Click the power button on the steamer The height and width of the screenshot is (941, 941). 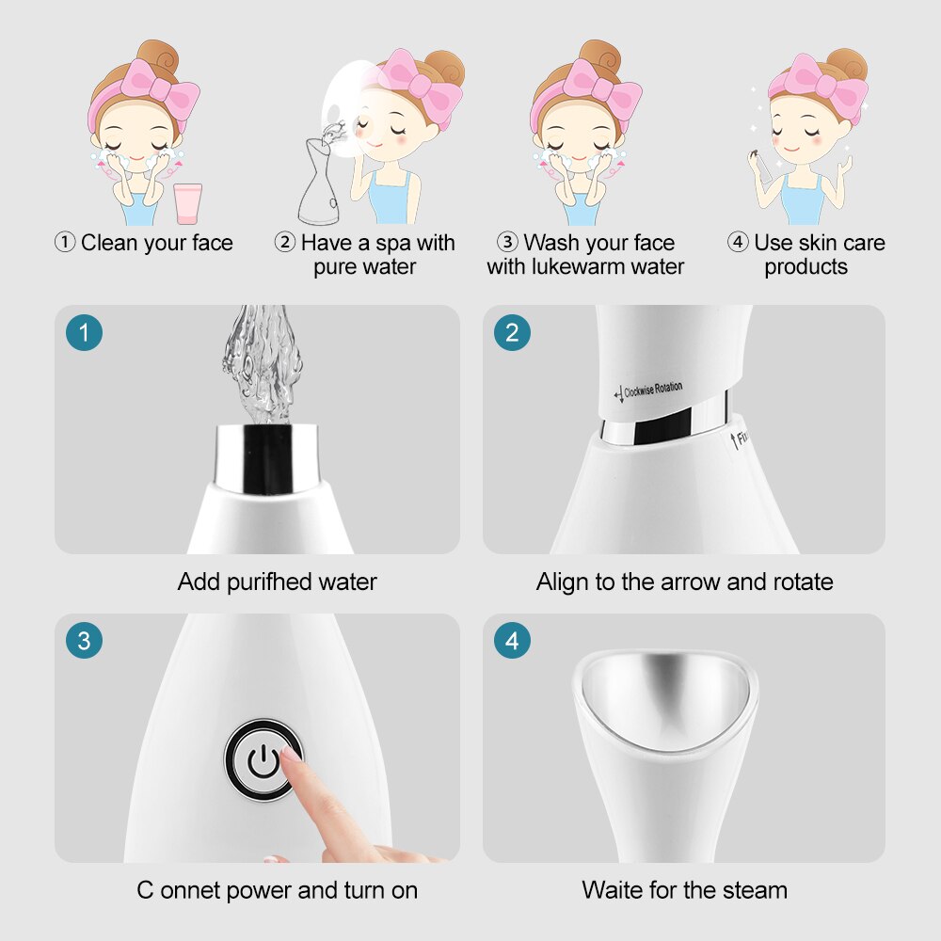click(x=263, y=759)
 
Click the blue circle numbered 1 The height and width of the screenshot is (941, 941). click(x=85, y=332)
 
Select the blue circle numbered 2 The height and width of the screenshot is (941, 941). click(x=512, y=332)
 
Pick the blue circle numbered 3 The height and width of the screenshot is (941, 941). click(x=85, y=642)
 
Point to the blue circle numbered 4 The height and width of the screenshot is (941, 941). click(x=512, y=642)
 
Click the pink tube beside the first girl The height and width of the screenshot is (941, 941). click(x=188, y=203)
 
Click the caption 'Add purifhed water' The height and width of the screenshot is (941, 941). click(x=277, y=582)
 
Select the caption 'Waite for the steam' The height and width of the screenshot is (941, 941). click(x=684, y=889)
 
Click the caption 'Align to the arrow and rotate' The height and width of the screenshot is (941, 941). click(x=684, y=582)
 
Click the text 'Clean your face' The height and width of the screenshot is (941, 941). click(x=156, y=243)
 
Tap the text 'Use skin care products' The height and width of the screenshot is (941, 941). click(x=805, y=254)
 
